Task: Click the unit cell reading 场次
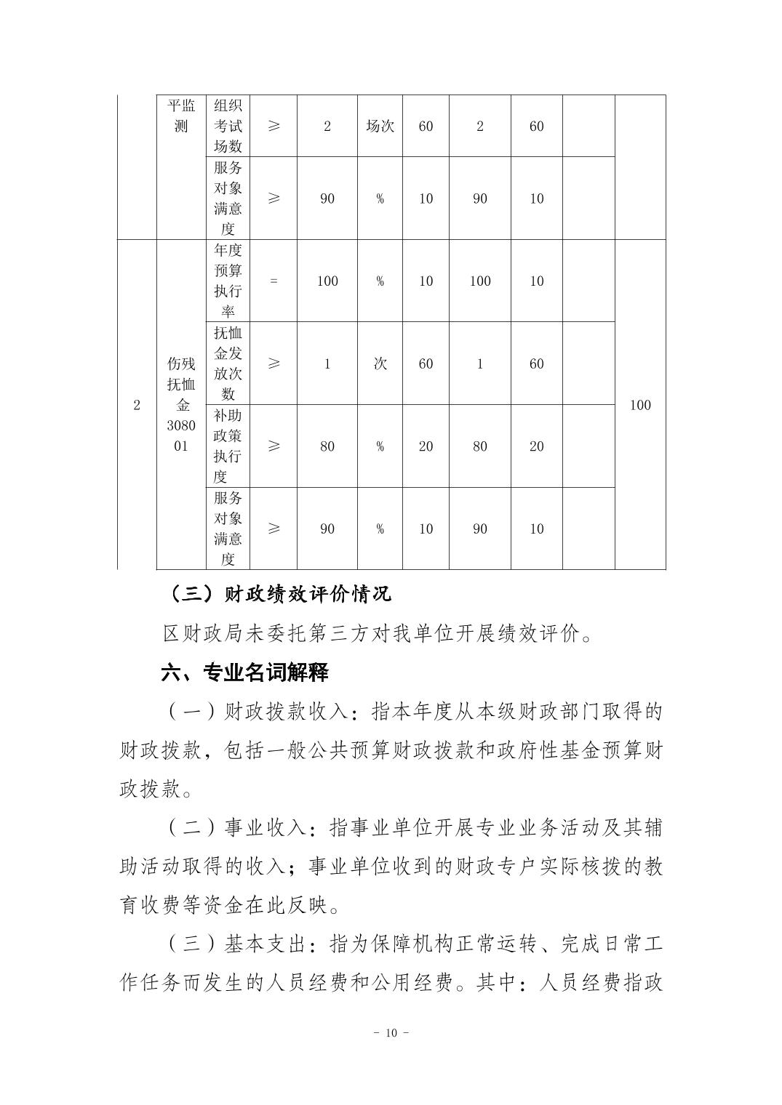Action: [380, 126]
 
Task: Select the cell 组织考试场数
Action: [228, 126]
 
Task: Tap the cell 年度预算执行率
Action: [228, 281]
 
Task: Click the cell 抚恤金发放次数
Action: [228, 363]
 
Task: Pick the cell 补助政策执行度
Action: [228, 446]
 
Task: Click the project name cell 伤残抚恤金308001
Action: [181, 404]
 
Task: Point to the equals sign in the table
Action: [274, 281]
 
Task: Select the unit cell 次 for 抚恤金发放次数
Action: [380, 363]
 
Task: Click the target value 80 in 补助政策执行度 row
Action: [327, 446]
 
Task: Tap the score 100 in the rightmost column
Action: [639, 405]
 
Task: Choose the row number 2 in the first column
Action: [137, 405]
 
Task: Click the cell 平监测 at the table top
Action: [181, 116]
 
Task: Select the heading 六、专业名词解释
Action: [244, 672]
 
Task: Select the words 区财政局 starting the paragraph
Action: [193, 633]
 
